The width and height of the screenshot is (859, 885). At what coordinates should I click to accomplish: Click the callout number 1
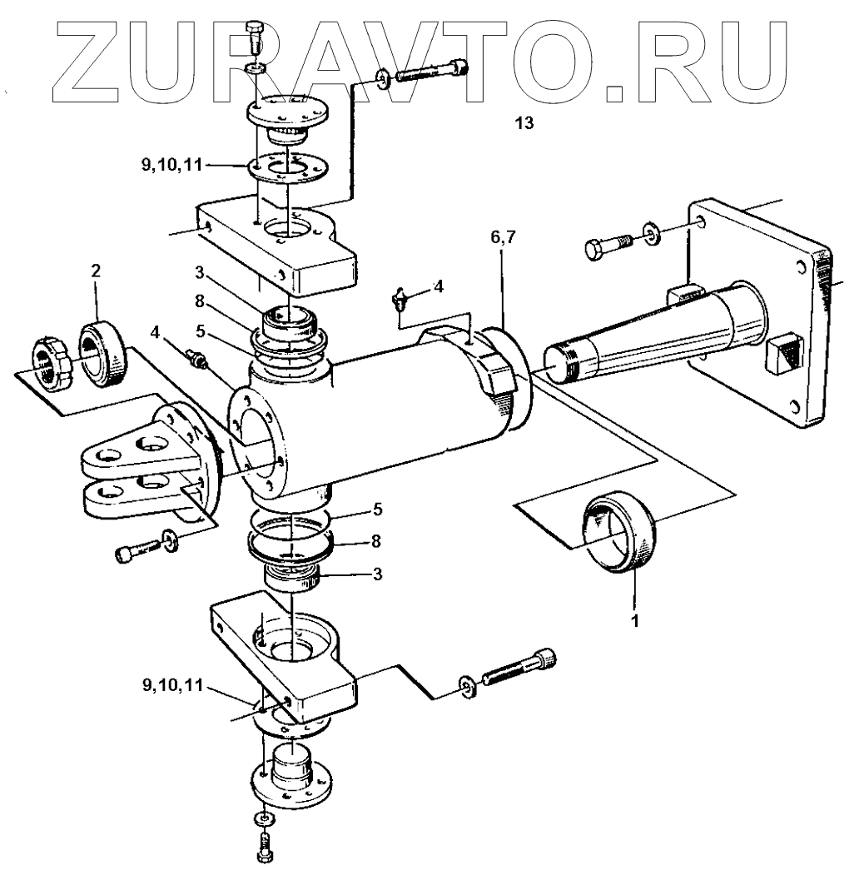(x=635, y=620)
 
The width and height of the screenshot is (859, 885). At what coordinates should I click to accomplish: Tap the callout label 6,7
(x=504, y=239)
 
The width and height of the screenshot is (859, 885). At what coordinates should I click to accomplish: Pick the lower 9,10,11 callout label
(x=171, y=688)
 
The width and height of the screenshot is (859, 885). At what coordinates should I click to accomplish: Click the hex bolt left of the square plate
(x=603, y=247)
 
